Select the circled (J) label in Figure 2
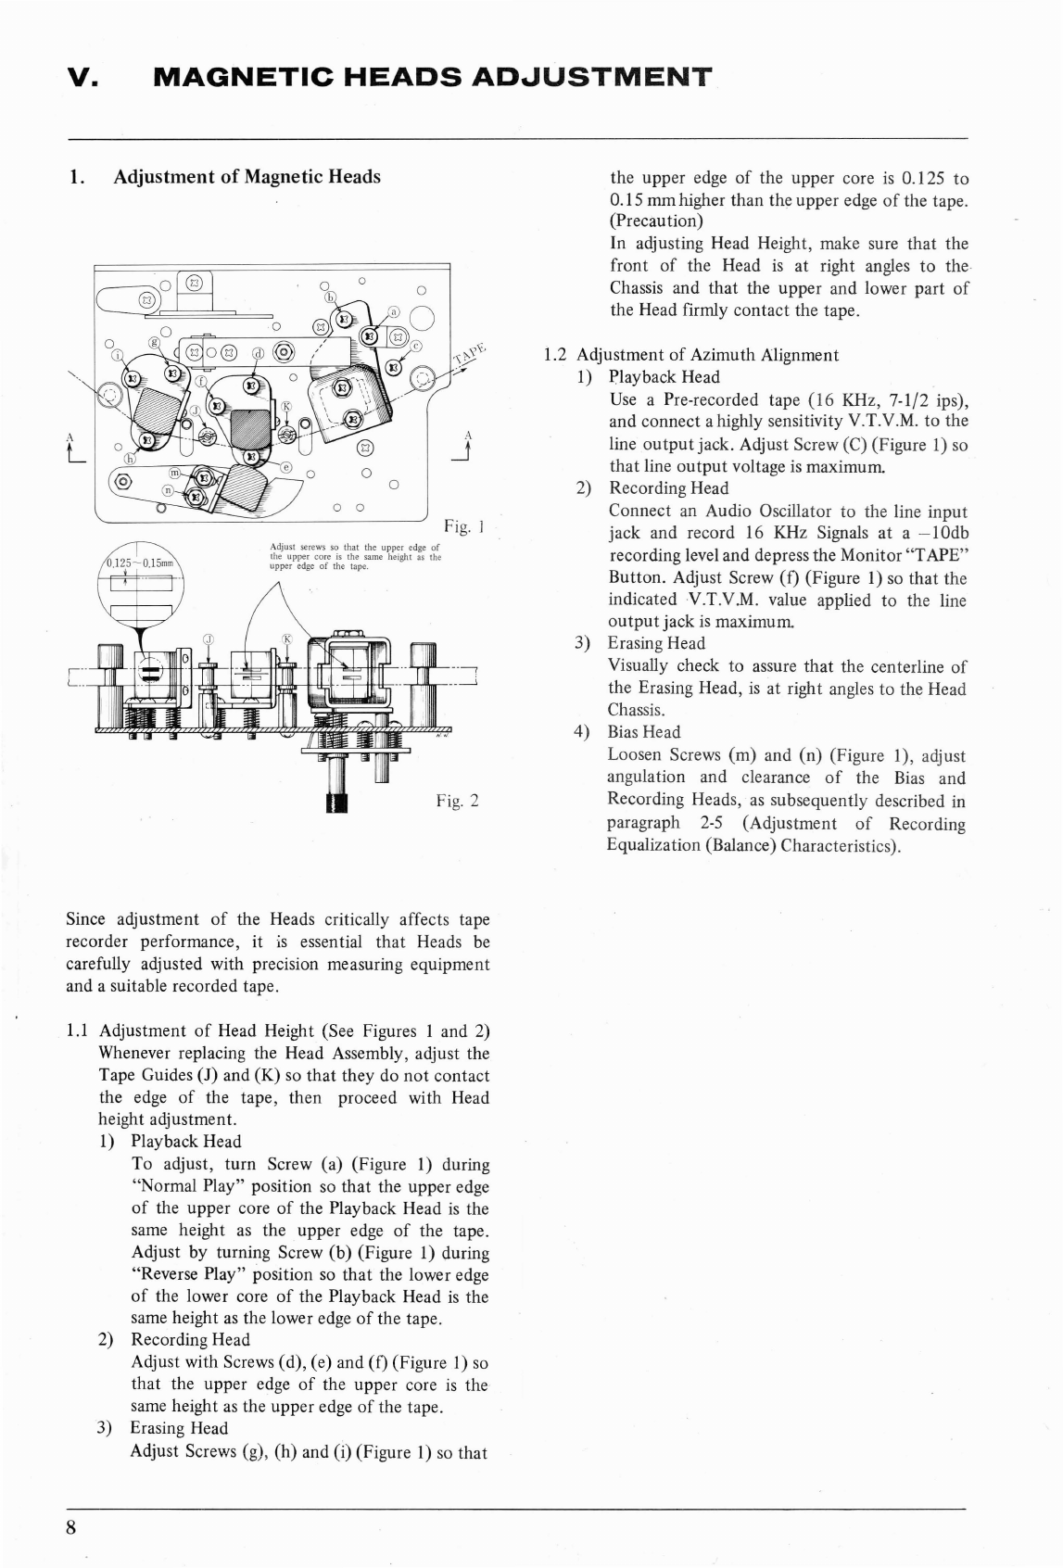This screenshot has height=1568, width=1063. [209, 639]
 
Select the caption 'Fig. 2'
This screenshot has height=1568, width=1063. [457, 801]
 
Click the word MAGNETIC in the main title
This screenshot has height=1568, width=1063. [236, 78]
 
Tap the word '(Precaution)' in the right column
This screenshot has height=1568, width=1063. [656, 221]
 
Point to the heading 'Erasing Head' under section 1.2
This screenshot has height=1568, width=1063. [656, 643]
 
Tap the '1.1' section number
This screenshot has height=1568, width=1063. [79, 1031]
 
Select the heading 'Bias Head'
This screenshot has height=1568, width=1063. [643, 732]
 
